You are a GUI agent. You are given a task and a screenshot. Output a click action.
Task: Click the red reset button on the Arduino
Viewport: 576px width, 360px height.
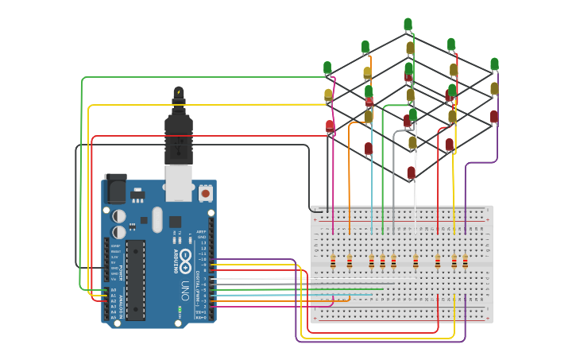click(x=206, y=192)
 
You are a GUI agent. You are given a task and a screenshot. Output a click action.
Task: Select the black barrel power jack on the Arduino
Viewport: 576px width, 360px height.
click(x=116, y=188)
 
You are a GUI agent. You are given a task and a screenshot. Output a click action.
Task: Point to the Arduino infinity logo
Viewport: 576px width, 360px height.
click(x=185, y=257)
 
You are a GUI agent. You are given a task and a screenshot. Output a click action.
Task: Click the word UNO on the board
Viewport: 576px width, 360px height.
click(x=184, y=286)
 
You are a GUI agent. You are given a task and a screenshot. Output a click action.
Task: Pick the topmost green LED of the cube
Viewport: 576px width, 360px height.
click(x=408, y=25)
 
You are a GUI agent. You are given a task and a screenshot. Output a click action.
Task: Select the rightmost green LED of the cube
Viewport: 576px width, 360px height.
click(x=494, y=64)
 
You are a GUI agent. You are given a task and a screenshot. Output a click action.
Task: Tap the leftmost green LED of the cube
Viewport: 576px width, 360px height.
click(x=327, y=68)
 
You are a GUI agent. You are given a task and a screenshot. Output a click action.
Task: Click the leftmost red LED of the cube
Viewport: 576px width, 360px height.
click(x=331, y=126)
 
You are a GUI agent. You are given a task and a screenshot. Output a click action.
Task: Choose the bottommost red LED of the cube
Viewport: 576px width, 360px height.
click(x=411, y=172)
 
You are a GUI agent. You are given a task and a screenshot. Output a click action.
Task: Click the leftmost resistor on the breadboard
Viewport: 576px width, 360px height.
click(x=333, y=261)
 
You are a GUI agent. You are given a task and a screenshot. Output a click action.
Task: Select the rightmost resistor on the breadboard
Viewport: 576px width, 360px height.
click(x=466, y=261)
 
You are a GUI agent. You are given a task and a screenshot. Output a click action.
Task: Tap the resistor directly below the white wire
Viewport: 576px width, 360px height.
click(x=416, y=261)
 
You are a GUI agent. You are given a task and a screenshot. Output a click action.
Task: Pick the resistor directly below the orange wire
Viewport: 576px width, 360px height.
click(x=350, y=261)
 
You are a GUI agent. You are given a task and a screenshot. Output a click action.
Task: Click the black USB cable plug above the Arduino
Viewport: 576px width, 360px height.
click(x=179, y=127)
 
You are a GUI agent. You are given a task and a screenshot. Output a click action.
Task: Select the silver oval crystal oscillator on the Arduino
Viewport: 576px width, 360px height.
click(x=157, y=219)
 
